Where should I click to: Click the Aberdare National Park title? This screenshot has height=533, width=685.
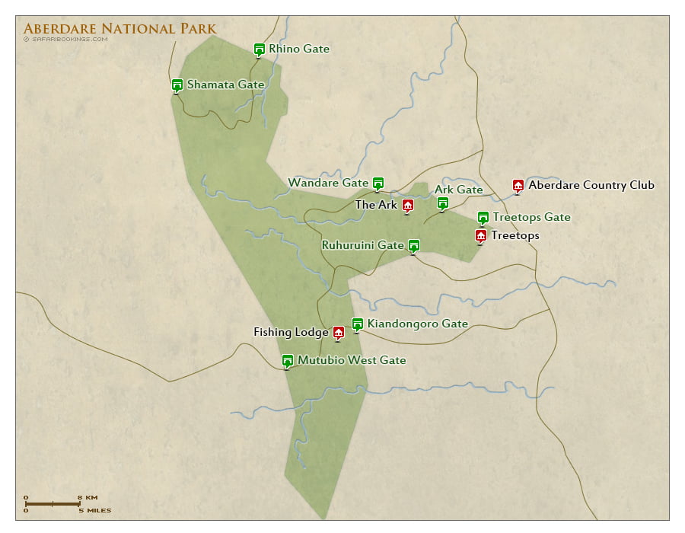(x=119, y=29)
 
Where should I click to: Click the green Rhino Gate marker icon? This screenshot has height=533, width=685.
(x=259, y=49)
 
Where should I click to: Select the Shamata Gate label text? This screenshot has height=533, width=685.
(x=225, y=85)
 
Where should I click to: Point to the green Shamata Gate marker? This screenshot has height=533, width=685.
(x=177, y=85)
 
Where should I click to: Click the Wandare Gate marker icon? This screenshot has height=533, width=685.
(x=378, y=183)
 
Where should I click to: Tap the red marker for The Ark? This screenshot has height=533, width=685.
(x=407, y=205)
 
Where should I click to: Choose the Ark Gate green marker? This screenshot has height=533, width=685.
(x=442, y=203)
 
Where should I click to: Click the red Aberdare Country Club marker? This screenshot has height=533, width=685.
(x=518, y=185)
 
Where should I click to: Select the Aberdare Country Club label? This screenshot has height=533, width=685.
(x=591, y=185)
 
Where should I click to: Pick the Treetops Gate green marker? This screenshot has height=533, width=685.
(x=483, y=217)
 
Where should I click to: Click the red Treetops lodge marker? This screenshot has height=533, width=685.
(x=480, y=235)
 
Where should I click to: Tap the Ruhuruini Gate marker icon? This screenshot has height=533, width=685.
(x=413, y=245)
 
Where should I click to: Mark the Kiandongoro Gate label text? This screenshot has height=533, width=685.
(x=417, y=324)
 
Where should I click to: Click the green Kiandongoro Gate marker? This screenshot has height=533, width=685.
(x=357, y=324)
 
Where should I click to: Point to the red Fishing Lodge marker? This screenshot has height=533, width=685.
(x=339, y=332)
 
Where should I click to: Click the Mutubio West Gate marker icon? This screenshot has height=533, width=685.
(x=287, y=360)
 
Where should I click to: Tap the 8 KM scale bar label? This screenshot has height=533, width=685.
(x=88, y=497)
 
